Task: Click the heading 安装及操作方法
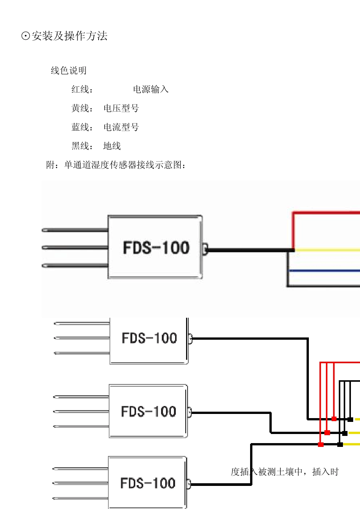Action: pos(69,36)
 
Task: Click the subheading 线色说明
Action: pos(69,70)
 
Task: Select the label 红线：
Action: pos(82,89)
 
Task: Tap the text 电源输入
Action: pos(150,89)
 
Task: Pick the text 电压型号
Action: pos(121,108)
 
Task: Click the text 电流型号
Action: pos(121,127)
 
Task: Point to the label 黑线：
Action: pos(82,146)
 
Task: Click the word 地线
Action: pos(112,146)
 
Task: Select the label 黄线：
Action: pos(82,108)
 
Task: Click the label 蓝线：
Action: pos(82,127)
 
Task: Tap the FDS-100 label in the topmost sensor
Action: pos(156,248)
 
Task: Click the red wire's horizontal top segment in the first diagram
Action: pos(326,213)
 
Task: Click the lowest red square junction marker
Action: pos(321,444)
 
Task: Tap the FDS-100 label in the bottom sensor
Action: pos(148,483)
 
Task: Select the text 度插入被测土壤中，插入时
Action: pos(284,472)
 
